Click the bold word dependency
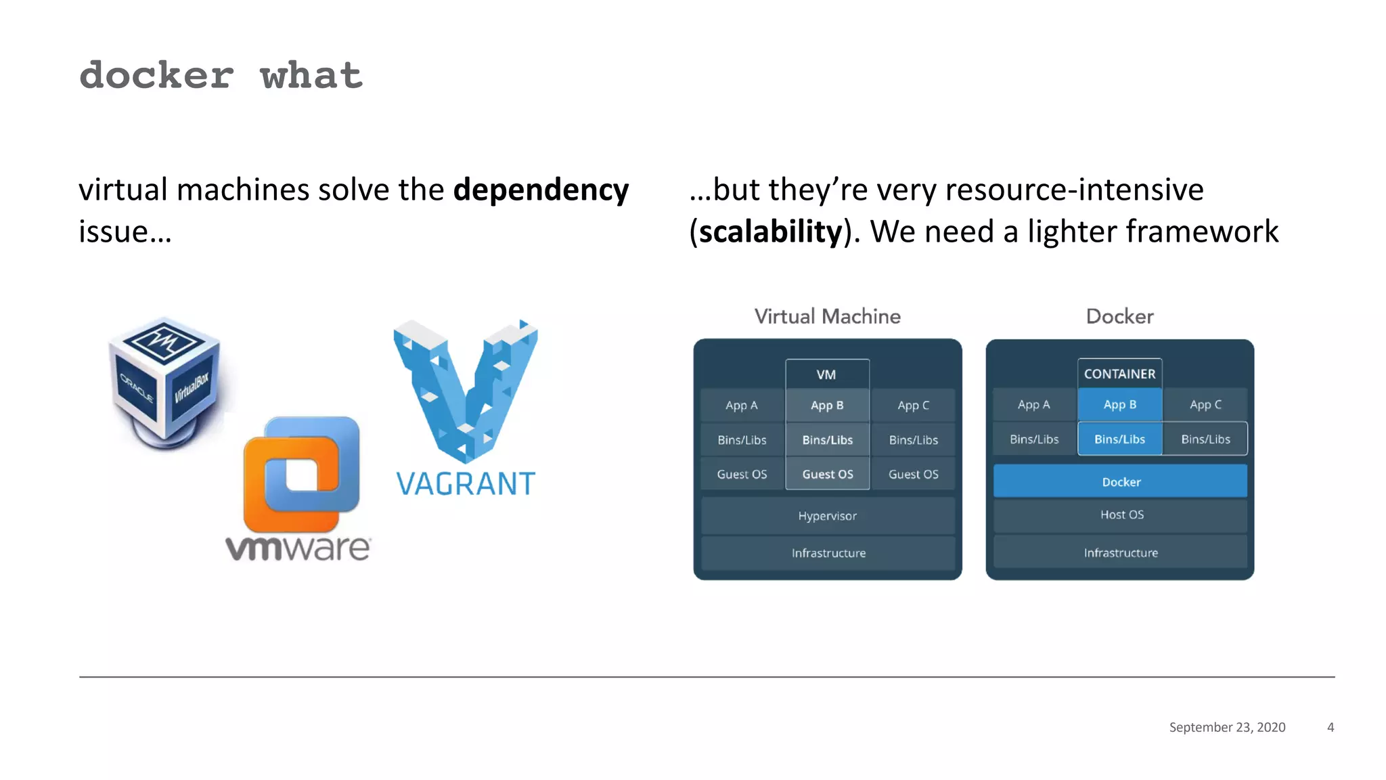(x=540, y=190)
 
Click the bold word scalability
(x=771, y=232)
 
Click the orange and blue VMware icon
(x=301, y=474)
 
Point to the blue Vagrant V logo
(x=466, y=389)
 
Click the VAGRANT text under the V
(x=466, y=485)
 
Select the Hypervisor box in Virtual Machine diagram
(x=827, y=516)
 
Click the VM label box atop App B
(x=826, y=374)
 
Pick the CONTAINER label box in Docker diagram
(x=1119, y=374)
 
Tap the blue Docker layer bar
(x=1120, y=482)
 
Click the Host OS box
(x=1121, y=515)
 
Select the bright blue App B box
(x=1119, y=405)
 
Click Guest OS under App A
(x=742, y=475)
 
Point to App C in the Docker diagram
(x=1205, y=405)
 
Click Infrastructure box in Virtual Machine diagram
(x=828, y=553)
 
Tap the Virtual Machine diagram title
(x=827, y=316)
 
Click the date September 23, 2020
(x=1227, y=727)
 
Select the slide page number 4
(x=1331, y=727)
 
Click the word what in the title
(x=311, y=76)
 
